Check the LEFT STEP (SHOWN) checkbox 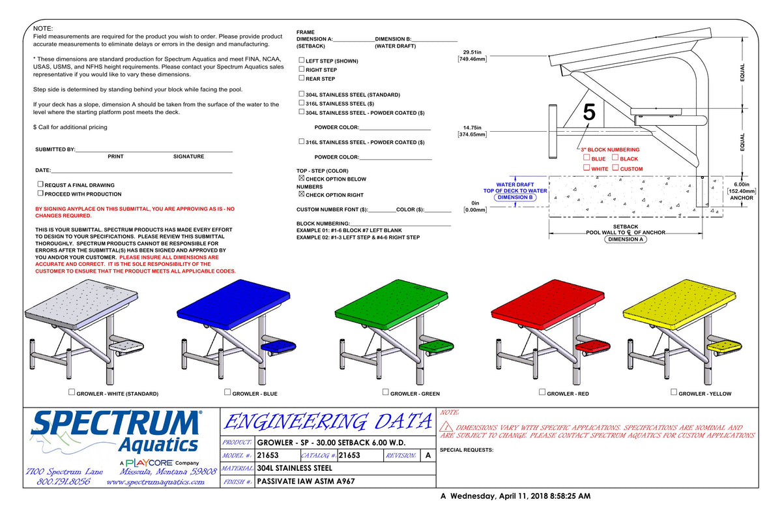tap(302, 60)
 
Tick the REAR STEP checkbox tap(302, 78)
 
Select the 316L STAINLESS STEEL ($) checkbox tap(302, 102)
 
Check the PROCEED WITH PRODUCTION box tap(40, 193)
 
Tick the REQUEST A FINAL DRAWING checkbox tap(40, 184)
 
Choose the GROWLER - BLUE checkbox tap(227, 392)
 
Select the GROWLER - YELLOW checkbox tap(674, 392)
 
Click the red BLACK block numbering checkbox tap(615, 158)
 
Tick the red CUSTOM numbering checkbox tap(615, 168)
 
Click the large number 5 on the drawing tap(589, 112)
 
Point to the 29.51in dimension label tap(472, 52)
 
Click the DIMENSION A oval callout tap(625, 239)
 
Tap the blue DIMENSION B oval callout tap(515, 198)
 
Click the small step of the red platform tap(592, 346)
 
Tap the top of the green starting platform tap(392, 303)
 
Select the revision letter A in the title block tap(428, 455)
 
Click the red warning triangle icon tap(446, 426)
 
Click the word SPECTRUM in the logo tap(116, 423)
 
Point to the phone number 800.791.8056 tap(63, 482)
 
